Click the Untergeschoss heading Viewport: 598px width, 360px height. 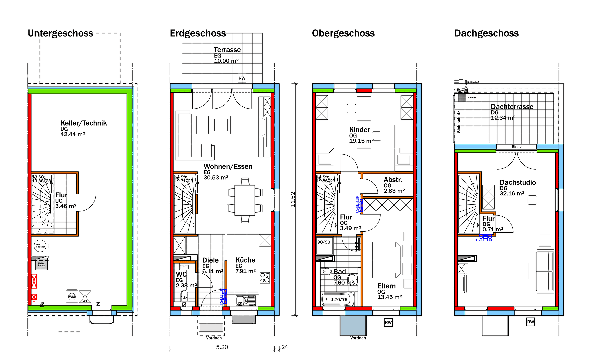(x=60, y=33)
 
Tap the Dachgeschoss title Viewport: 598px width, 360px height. (x=486, y=33)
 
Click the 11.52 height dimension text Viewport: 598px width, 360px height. (x=293, y=199)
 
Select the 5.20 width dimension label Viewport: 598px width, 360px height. (x=222, y=347)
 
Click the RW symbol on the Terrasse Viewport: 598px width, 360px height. (x=242, y=78)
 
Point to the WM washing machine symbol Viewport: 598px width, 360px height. (x=72, y=297)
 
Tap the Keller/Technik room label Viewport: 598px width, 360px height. (x=84, y=123)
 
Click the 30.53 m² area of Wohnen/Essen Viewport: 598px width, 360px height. (x=216, y=178)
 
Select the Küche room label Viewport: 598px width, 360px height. (x=245, y=260)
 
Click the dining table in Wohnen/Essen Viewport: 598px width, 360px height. (x=245, y=200)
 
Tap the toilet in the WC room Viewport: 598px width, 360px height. (x=184, y=295)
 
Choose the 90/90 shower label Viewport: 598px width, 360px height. (x=324, y=242)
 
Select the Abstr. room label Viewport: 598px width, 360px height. (x=393, y=180)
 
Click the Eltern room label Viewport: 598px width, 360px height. (x=386, y=286)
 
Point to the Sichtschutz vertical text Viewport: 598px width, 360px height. (x=459, y=122)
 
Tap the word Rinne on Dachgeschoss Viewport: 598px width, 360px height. (x=516, y=147)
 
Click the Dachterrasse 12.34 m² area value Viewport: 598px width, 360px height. (x=503, y=118)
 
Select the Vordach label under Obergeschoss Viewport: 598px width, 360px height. (x=358, y=338)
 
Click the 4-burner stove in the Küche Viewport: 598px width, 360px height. (x=265, y=278)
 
